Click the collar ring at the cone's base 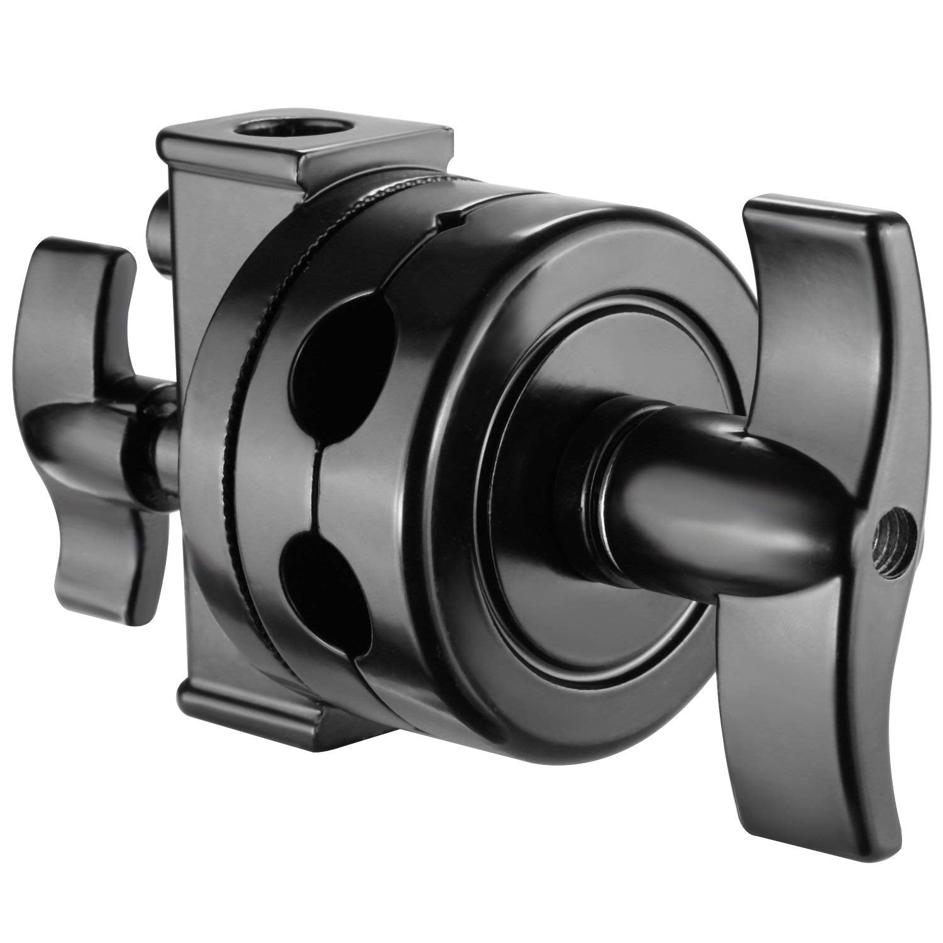click(588, 484)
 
